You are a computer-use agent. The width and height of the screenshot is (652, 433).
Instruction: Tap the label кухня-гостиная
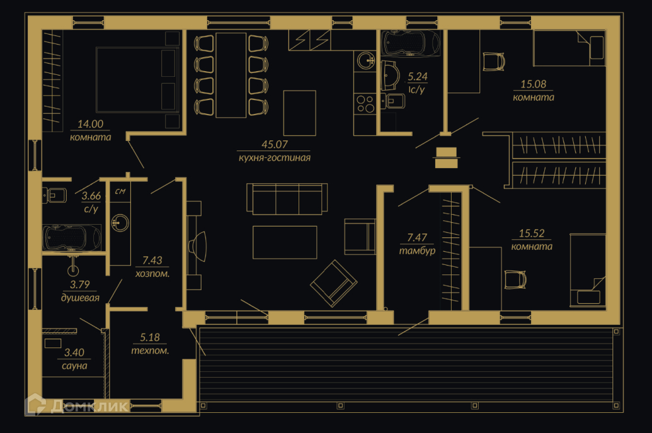[x=274, y=158]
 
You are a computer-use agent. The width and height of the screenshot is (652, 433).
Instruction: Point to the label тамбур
[x=417, y=250]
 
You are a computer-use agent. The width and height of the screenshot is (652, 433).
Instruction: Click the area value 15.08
[x=533, y=84]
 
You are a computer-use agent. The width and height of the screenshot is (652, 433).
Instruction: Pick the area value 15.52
[x=532, y=233]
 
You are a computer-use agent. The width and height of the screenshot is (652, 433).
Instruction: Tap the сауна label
[x=74, y=366]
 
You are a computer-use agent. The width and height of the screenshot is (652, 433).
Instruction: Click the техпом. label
[x=150, y=351]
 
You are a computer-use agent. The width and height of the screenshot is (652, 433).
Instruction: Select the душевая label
[x=80, y=298]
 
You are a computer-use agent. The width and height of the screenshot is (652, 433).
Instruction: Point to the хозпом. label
[x=152, y=274]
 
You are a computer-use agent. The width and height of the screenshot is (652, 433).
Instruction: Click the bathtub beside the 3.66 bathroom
[x=72, y=238]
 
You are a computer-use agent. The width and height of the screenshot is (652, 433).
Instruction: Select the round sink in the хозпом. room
[x=120, y=222]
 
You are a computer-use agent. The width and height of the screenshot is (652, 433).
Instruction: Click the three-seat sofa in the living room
[x=287, y=199]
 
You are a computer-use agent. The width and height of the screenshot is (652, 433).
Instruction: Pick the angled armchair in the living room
[x=333, y=283]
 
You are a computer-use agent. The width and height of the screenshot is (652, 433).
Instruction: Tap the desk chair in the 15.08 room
[x=494, y=62]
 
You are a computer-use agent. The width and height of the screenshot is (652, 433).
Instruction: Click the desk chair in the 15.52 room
[x=515, y=279]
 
